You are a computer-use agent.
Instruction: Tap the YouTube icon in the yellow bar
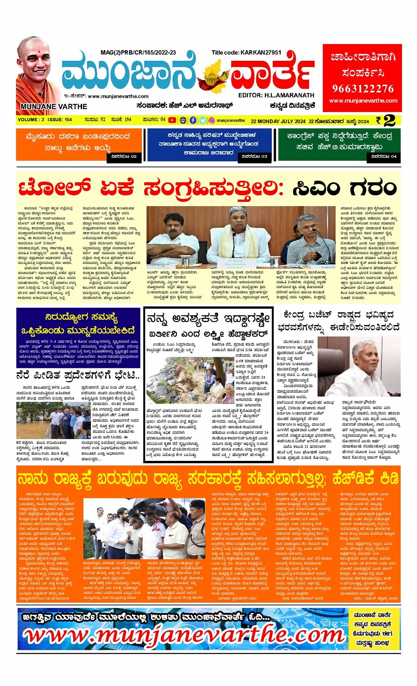(172, 120)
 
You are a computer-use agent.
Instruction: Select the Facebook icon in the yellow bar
(193, 120)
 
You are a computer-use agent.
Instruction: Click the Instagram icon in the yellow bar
(211, 120)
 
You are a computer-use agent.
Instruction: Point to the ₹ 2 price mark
(385, 120)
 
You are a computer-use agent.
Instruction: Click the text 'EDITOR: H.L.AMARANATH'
(276, 95)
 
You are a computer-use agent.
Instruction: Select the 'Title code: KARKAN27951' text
(246, 52)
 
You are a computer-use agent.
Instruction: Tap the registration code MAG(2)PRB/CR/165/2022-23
(138, 52)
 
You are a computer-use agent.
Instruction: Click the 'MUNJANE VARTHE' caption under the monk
(54, 107)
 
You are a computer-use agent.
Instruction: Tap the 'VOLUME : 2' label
(31, 120)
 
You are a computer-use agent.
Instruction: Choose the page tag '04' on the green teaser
(384, 156)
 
